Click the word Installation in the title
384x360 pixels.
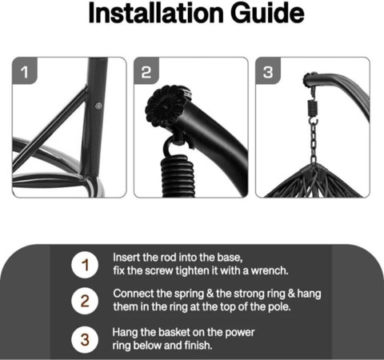[156, 13]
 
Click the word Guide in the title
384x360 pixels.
[267, 13]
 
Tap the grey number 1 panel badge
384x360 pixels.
[25, 71]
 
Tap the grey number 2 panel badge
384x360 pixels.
[146, 71]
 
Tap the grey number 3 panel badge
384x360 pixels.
[268, 71]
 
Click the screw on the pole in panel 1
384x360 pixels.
[98, 106]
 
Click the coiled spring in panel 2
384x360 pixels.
[178, 176]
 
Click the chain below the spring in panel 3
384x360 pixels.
[314, 142]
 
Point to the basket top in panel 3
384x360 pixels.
[314, 182]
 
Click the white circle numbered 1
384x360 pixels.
[85, 265]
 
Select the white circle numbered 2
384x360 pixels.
[85, 301]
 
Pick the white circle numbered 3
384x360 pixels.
[85, 340]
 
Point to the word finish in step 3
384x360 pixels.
[198, 346]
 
